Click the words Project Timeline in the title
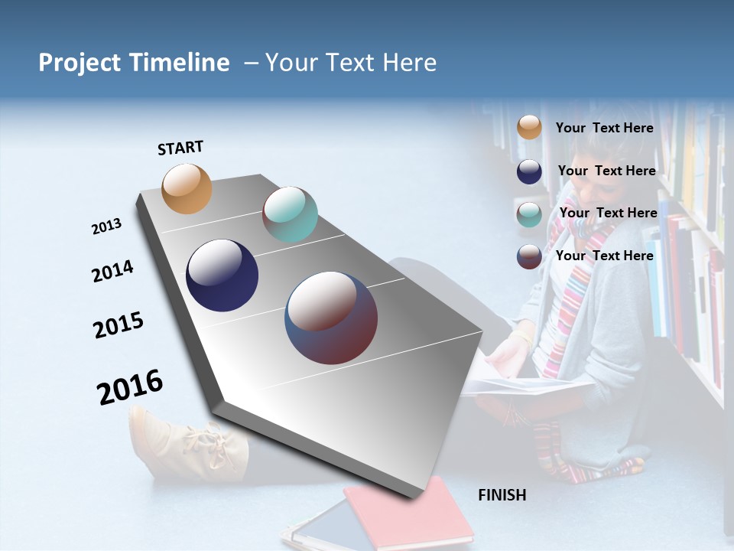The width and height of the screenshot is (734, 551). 134,63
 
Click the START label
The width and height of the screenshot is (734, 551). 180,148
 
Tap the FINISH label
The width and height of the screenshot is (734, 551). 502,495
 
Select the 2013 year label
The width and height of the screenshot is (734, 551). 107,227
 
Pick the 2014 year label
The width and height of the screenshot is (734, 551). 112,272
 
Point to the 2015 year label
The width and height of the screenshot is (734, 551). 119,325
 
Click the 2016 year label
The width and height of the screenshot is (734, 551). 130,386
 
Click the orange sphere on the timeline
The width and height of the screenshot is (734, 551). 187,188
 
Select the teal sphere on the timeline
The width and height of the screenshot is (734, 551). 290,214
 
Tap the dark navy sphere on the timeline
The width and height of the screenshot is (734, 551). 222,275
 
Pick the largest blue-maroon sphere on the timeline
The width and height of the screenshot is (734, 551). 331,318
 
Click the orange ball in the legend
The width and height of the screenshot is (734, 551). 529,127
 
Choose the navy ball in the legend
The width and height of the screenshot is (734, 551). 529,171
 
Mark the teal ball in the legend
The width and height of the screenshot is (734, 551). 529,214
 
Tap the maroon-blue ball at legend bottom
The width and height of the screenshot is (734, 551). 529,256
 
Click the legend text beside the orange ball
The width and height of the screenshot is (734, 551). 604,128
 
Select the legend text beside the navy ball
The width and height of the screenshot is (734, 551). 606,171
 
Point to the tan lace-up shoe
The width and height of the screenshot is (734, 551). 187,444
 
